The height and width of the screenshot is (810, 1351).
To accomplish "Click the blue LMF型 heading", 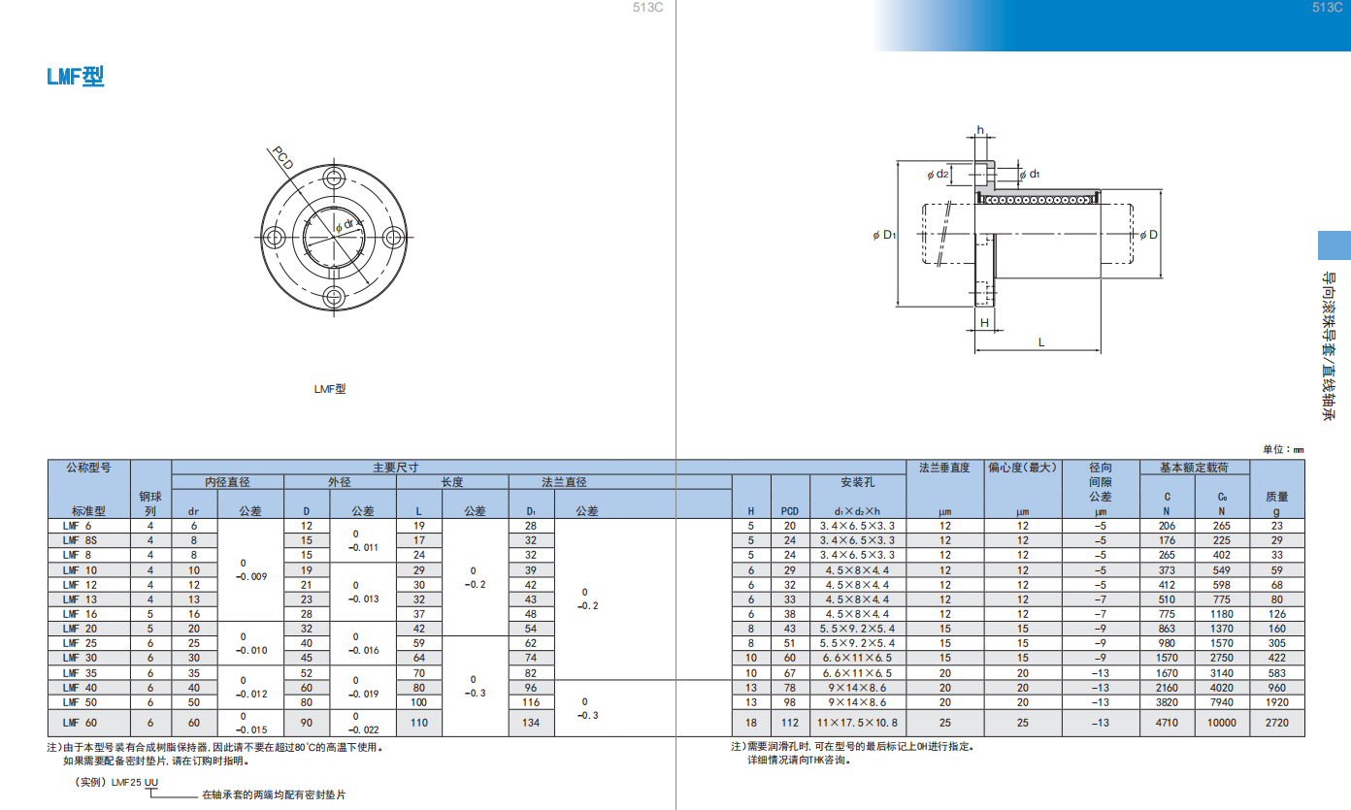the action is (x=76, y=77).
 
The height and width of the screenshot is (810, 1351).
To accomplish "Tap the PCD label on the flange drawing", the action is (x=282, y=158).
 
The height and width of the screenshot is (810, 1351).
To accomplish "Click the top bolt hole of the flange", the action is (x=334, y=178).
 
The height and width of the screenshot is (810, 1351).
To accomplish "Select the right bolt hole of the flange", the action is (x=393, y=238).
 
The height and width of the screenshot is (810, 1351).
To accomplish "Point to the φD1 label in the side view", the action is (x=884, y=235).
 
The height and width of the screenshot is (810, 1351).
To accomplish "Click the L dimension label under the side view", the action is (x=1041, y=342).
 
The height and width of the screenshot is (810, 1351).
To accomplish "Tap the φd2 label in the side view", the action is (x=938, y=175).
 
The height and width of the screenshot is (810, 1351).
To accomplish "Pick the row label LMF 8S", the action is (x=80, y=540).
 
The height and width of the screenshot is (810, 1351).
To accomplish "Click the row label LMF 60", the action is (x=80, y=723).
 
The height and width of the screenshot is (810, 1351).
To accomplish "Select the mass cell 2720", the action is (x=1277, y=723).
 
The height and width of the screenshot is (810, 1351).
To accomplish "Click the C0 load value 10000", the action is (x=1221, y=723).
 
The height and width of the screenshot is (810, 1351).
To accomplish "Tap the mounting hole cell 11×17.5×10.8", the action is (x=857, y=723).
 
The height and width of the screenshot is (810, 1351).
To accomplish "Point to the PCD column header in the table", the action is (x=789, y=511).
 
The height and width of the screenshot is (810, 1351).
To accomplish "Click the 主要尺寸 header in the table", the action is (x=396, y=467).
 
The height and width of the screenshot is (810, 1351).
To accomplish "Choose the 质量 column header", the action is (x=1277, y=497).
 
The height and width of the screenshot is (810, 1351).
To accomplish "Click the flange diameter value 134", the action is (x=531, y=723).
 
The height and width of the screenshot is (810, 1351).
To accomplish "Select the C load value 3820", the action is (x=1167, y=702).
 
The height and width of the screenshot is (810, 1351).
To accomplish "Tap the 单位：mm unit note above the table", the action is (x=1283, y=449).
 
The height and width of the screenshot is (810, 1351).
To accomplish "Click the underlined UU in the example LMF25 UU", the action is (x=150, y=782).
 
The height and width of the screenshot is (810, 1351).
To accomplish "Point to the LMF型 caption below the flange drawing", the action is (x=330, y=389).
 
